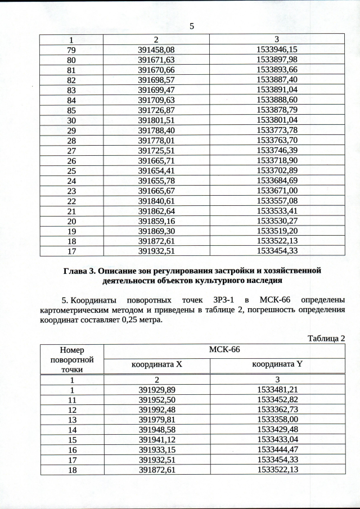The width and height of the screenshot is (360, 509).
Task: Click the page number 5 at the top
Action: (x=192, y=26)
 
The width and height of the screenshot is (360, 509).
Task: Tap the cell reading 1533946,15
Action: (x=276, y=50)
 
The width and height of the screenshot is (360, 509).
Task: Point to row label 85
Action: (x=71, y=111)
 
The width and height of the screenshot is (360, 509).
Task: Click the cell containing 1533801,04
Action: (x=276, y=120)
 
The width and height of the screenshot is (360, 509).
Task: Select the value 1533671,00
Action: (x=276, y=191)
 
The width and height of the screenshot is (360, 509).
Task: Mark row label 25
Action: (x=71, y=170)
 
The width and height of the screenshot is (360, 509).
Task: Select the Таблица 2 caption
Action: (x=325, y=338)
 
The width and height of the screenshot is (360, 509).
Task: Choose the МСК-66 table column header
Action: (x=224, y=350)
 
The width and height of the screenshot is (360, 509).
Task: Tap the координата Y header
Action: (x=277, y=364)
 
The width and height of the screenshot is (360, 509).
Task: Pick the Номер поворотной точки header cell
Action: (x=71, y=359)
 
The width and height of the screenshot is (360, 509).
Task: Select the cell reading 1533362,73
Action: (x=276, y=409)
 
